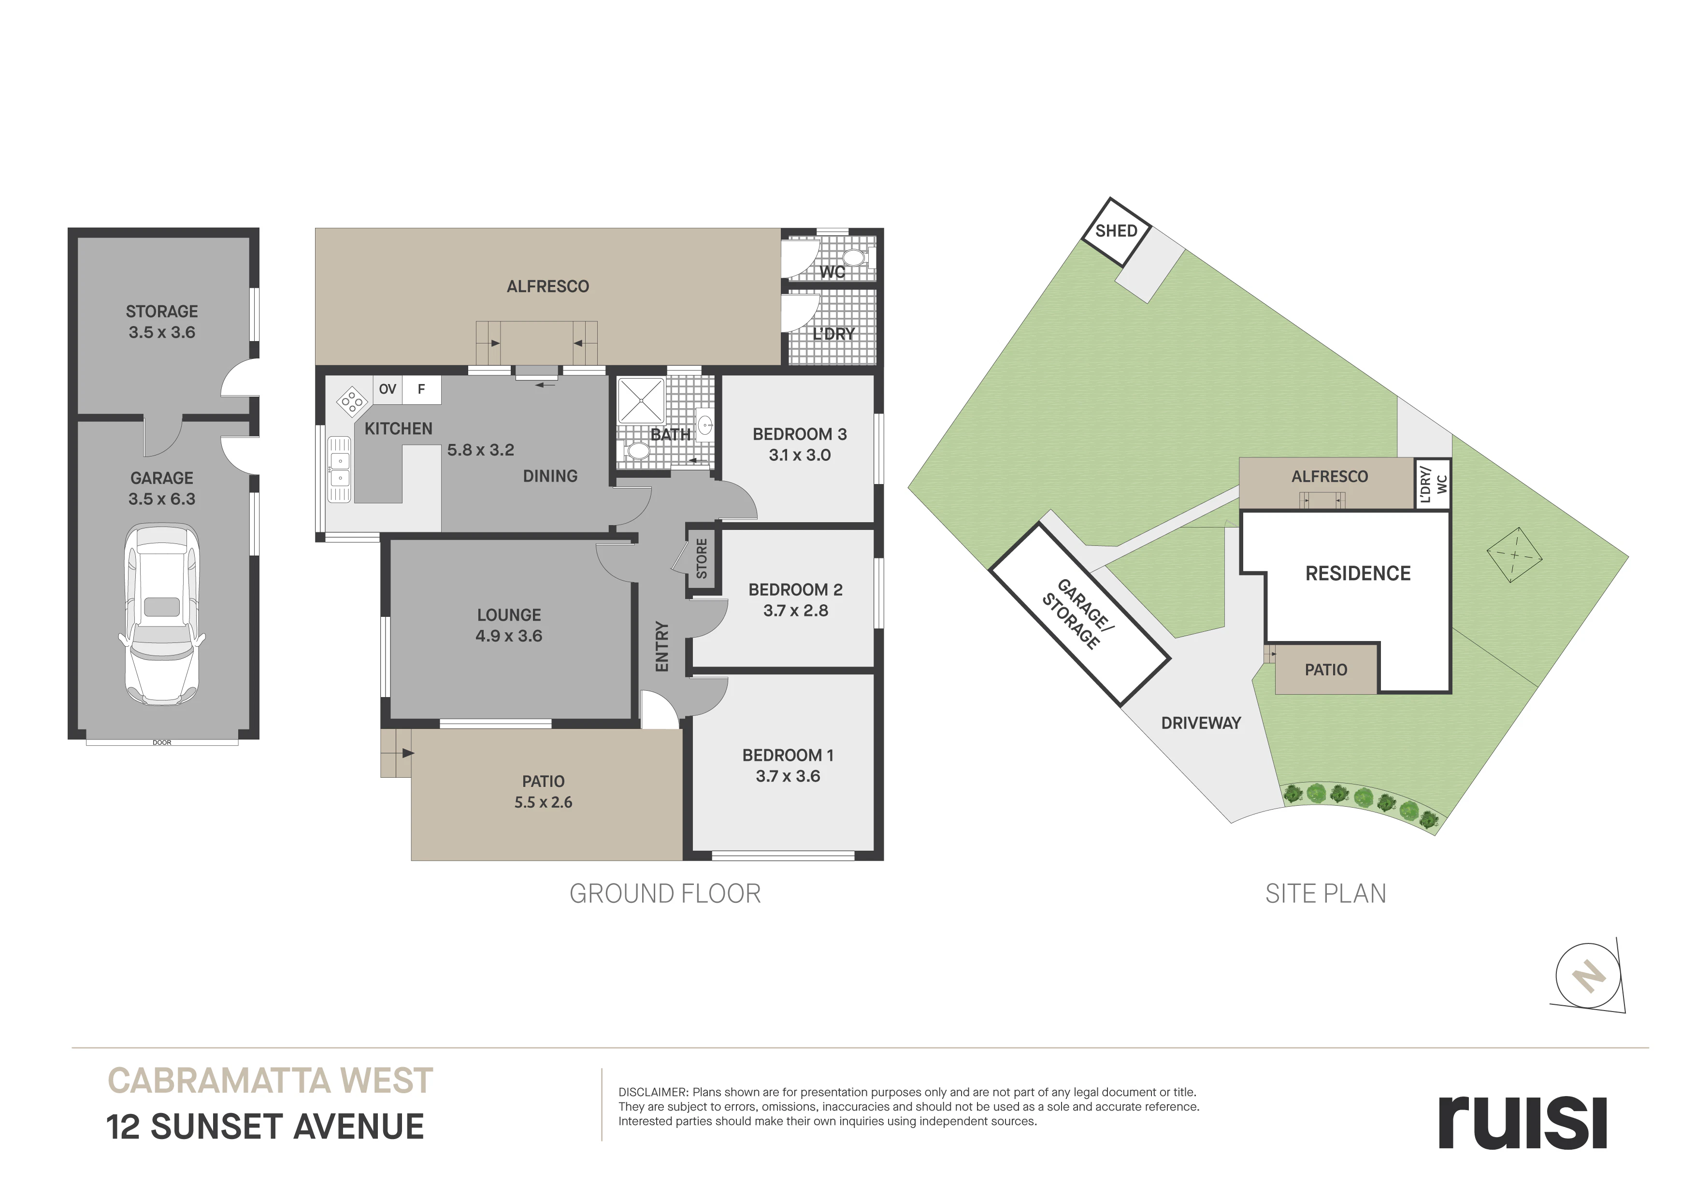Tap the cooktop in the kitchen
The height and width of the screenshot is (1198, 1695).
click(x=352, y=401)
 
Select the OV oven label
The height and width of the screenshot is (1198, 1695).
click(x=388, y=389)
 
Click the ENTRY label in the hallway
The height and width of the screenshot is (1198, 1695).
click(x=662, y=647)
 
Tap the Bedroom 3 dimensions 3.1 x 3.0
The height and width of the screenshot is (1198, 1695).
click(x=800, y=456)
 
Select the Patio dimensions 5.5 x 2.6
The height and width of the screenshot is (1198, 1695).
click(x=544, y=802)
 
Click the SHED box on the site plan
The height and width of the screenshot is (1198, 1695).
click(x=1116, y=232)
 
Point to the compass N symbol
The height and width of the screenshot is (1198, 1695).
click(x=1589, y=976)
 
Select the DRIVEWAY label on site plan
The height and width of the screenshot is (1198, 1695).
click(x=1201, y=723)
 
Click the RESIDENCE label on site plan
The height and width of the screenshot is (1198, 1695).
click(x=1358, y=573)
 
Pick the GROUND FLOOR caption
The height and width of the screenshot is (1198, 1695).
click(x=665, y=894)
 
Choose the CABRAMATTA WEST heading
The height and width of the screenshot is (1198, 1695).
click(x=270, y=1082)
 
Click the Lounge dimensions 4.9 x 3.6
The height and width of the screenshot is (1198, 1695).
click(x=509, y=636)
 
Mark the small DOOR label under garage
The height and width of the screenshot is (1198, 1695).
click(x=162, y=742)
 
